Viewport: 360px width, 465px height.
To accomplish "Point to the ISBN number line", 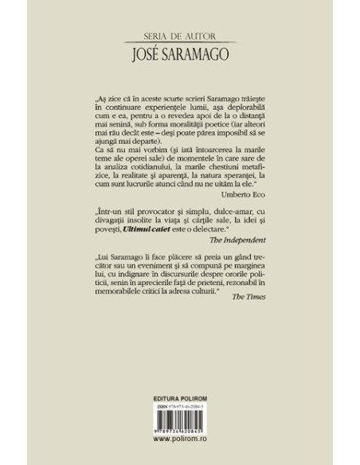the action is coord(180,428).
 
